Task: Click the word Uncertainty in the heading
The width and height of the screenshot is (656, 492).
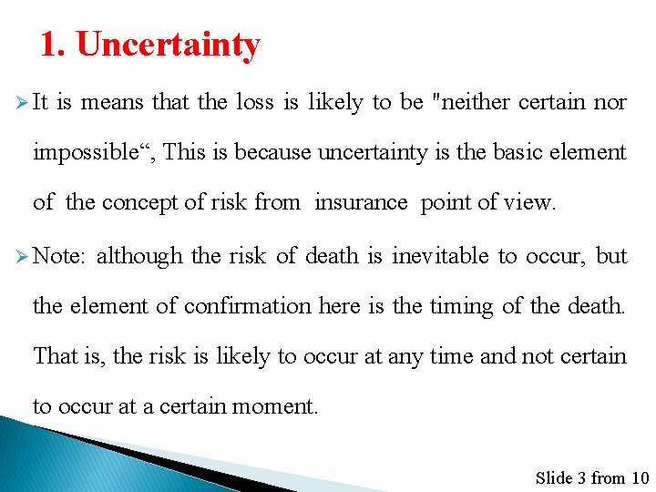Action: pos(169,44)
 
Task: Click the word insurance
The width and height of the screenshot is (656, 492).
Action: pos(361,202)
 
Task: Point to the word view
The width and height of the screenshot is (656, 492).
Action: pos(529,202)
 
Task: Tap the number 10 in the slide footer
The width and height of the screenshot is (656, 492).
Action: pos(640,477)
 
